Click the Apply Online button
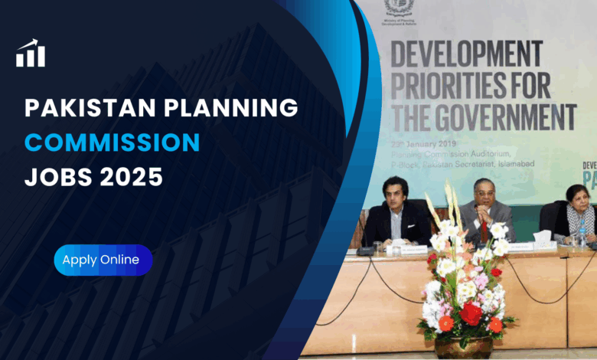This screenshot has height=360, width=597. pos(102,260)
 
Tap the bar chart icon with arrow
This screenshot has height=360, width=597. pos(31,54)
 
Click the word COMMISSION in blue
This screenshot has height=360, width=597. pos(112,142)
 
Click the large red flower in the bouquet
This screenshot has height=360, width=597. pos(470,313)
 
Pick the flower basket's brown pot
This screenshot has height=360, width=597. pos(462,349)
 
